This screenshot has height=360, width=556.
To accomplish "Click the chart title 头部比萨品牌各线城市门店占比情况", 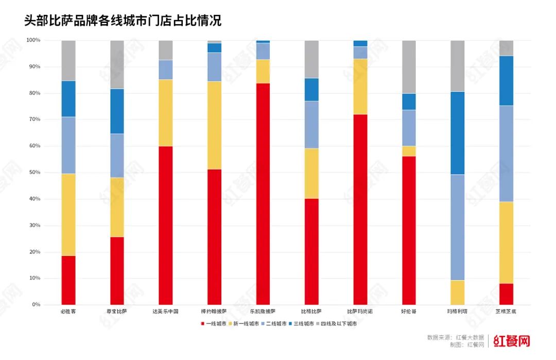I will (123, 21).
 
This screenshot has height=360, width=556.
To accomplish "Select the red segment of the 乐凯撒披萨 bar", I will (263, 194).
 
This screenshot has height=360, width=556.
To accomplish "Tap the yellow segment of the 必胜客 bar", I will (68, 215).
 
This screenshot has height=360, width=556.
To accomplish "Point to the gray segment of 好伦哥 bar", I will (409, 66).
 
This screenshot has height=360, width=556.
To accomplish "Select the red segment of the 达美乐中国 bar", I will (166, 225).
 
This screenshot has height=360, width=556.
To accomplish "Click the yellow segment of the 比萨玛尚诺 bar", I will (360, 87).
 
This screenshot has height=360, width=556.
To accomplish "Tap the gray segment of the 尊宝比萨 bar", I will (117, 64).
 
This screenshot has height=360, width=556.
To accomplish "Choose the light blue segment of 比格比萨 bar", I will (311, 125).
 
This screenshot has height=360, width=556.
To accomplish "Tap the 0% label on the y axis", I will (35, 305).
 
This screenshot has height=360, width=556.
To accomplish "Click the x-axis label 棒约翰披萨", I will (214, 312).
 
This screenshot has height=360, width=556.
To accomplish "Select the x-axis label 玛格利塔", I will (458, 312).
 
